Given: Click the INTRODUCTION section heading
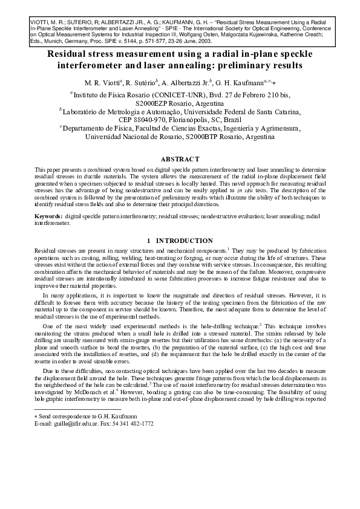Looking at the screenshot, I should pos(185,240).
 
